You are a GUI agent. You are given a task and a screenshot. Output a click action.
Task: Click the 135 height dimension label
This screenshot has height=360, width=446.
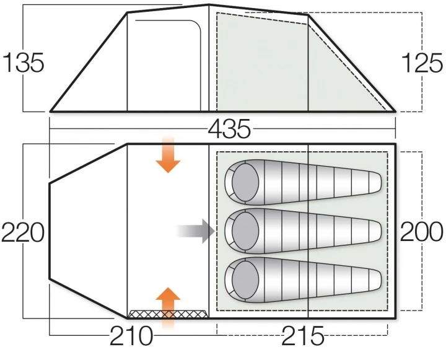click(24, 63)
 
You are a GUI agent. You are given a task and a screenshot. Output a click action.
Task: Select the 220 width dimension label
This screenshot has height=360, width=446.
click(23, 233)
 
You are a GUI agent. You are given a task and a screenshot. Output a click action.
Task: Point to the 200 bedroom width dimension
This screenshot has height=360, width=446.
click(422, 232)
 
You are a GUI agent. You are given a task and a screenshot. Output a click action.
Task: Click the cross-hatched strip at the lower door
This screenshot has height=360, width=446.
click(168, 314)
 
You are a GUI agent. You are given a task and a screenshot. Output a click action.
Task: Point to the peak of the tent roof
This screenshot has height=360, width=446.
click(208, 5)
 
